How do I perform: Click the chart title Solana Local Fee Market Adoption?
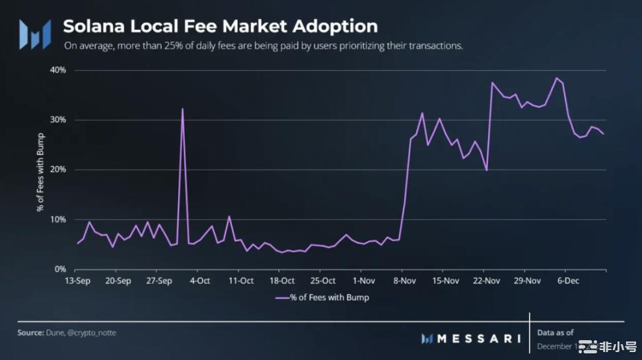pyautogui.click(x=220, y=26)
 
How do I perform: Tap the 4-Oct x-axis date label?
pyautogui.click(x=199, y=281)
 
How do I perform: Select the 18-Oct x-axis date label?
pyautogui.click(x=282, y=281)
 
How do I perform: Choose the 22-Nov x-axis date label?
pyautogui.click(x=487, y=281)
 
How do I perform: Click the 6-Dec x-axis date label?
pyautogui.click(x=568, y=281)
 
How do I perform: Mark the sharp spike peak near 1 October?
pyautogui.click(x=182, y=109)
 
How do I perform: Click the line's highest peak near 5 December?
pyautogui.click(x=556, y=78)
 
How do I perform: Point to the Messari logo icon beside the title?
pyautogui.click(x=34, y=34)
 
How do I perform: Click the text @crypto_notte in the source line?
pyautogui.click(x=92, y=333)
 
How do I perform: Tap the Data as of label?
pyautogui.click(x=555, y=332)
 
